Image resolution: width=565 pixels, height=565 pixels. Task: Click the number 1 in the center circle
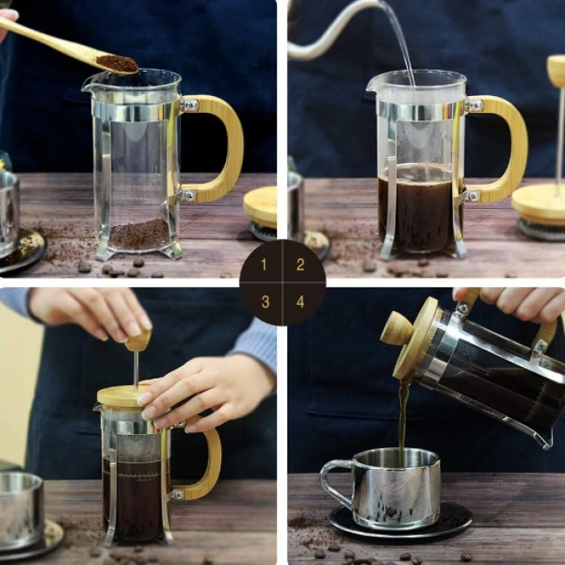(265, 266)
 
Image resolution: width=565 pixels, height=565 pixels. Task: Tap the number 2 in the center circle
(300, 265)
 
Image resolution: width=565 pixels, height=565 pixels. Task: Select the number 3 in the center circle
(265, 302)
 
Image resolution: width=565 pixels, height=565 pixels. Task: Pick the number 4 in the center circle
(300, 302)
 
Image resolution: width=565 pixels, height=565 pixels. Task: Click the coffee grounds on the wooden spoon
(117, 63)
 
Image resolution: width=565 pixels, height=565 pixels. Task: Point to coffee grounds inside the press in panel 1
(139, 234)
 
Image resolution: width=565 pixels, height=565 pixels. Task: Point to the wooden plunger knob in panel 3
(138, 340)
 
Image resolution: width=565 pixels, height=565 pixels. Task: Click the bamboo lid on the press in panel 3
(121, 395)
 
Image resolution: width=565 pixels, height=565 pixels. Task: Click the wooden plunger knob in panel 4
(397, 329)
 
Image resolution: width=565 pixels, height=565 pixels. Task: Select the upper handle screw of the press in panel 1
(189, 105)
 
